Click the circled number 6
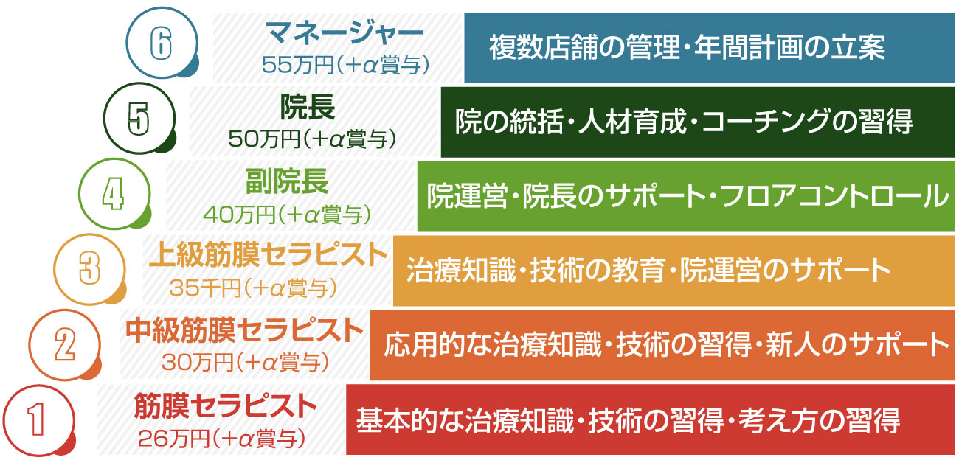162,43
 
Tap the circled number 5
139,118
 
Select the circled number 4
114,194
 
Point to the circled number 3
89,269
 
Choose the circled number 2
65,344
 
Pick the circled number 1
39,420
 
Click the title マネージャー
345,33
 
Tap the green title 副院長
287,181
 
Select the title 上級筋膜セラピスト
268,255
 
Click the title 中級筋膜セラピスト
244,330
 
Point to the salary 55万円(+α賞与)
345,66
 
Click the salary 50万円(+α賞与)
312,139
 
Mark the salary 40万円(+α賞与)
287,215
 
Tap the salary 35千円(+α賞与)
254,288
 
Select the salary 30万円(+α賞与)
246,363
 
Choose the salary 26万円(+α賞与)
222,439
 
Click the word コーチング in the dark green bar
766,122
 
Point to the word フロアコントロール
834,196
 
